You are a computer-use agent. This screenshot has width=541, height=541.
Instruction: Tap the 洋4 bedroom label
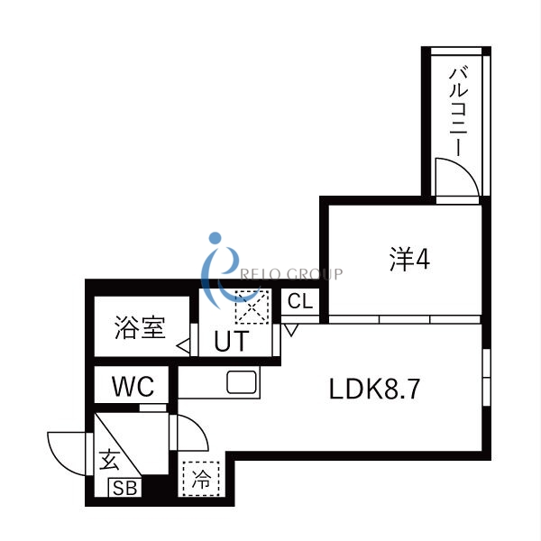click(x=410, y=260)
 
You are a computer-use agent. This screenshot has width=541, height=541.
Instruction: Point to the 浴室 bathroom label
click(x=140, y=328)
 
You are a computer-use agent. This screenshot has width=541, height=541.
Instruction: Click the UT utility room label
click(x=232, y=343)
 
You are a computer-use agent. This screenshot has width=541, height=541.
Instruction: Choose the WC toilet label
click(x=133, y=388)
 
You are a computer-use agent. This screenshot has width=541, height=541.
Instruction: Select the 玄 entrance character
click(x=109, y=461)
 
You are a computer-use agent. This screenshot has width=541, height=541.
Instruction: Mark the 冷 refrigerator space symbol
click(x=200, y=478)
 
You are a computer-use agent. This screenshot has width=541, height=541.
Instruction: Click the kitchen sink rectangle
click(x=243, y=382)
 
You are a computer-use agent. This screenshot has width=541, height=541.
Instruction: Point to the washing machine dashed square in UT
click(x=248, y=307)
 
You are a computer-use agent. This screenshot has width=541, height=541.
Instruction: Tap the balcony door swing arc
click(x=454, y=175)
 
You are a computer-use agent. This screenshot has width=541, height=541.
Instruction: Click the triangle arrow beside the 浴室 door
click(x=182, y=344)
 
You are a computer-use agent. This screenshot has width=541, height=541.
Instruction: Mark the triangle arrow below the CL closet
click(x=291, y=329)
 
